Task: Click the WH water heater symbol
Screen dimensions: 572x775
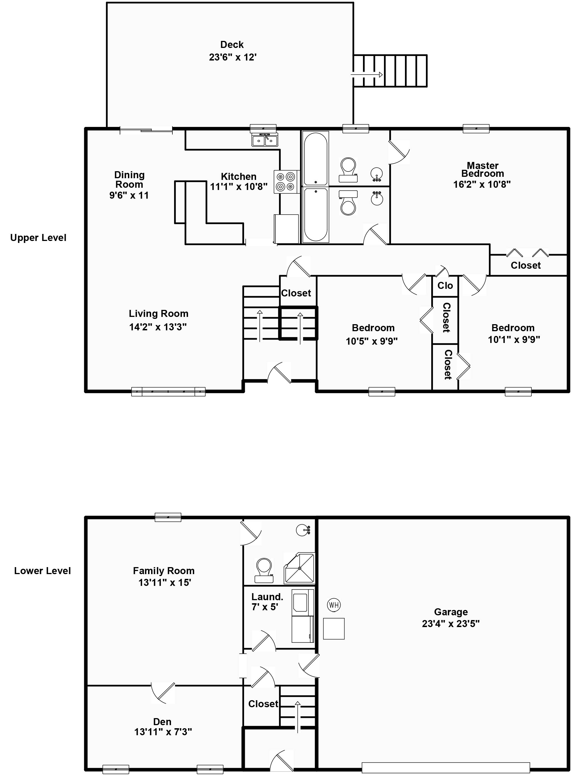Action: (x=334, y=605)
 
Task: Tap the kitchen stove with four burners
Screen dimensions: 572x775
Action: (x=286, y=182)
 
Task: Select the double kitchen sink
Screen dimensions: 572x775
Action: (x=265, y=140)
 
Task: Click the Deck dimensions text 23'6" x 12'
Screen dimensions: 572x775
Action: (x=233, y=57)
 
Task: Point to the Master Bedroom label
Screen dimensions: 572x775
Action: (x=483, y=170)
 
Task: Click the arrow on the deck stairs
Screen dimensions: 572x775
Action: (x=367, y=75)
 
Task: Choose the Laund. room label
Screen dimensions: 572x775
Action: (x=267, y=597)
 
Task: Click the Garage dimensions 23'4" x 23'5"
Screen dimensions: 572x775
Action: (x=451, y=623)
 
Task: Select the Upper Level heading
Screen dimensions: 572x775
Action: (x=38, y=238)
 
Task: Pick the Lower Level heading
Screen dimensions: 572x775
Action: (x=42, y=571)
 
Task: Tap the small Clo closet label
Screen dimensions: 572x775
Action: (x=445, y=286)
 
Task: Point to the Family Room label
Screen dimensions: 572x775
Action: (x=164, y=571)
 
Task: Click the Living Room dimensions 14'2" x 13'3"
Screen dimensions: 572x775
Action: (x=158, y=327)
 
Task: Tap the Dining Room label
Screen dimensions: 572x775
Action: (x=129, y=180)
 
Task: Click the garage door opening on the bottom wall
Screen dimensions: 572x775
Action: (x=446, y=767)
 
